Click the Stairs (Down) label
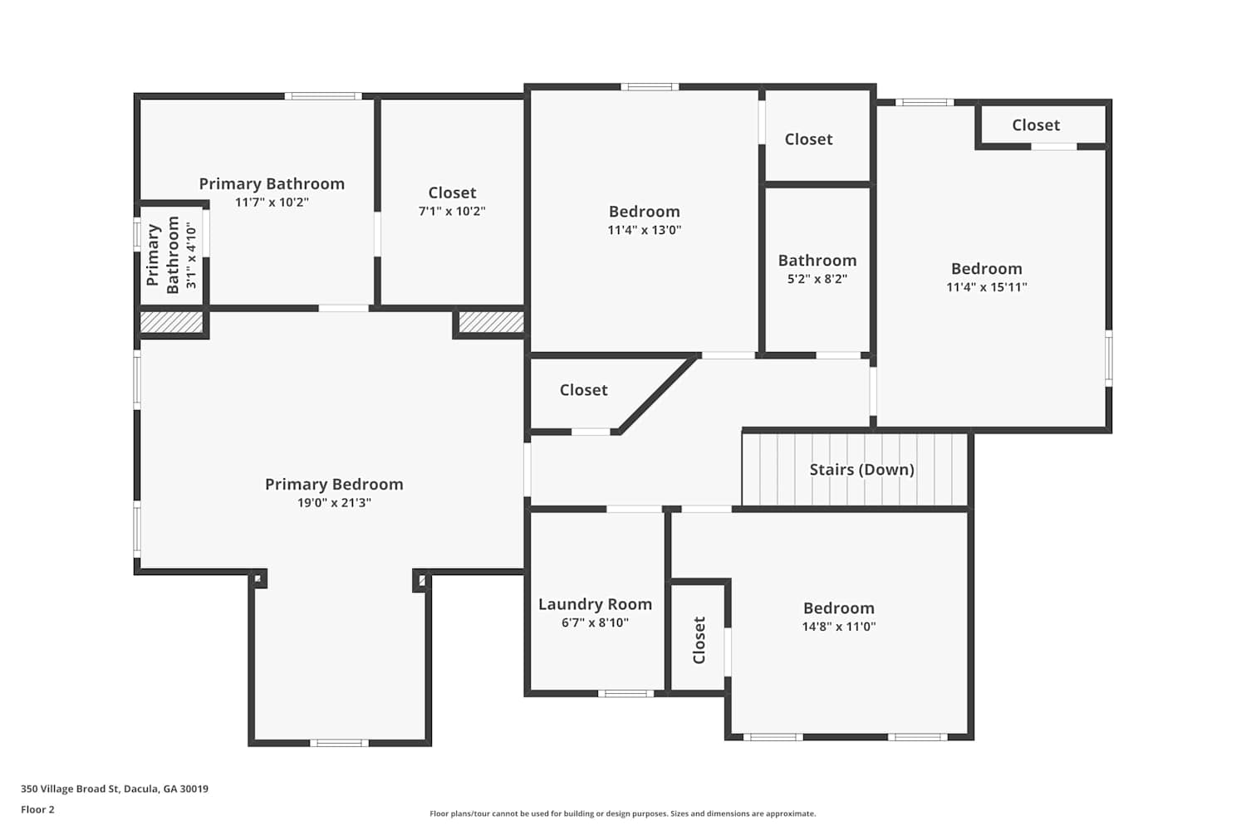click(861, 470)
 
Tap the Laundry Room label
click(596, 604)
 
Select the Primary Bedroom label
click(334, 484)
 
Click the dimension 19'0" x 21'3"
click(334, 503)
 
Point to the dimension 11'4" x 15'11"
click(987, 287)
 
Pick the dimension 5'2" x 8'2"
click(817, 279)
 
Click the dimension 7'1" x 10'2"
click(452, 212)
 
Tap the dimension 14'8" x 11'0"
click(839, 627)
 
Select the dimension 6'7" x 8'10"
click(596, 622)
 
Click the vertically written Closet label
click(699, 640)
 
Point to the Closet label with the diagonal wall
click(583, 390)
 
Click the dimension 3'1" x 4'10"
click(191, 255)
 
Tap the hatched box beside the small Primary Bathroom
click(171, 322)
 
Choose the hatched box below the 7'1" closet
click(491, 322)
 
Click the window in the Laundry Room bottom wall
click(625, 693)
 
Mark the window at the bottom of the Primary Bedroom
click(339, 743)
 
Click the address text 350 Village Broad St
click(70, 788)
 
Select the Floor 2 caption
click(38, 809)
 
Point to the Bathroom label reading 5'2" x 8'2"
click(817, 261)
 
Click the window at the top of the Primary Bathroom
click(323, 96)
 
